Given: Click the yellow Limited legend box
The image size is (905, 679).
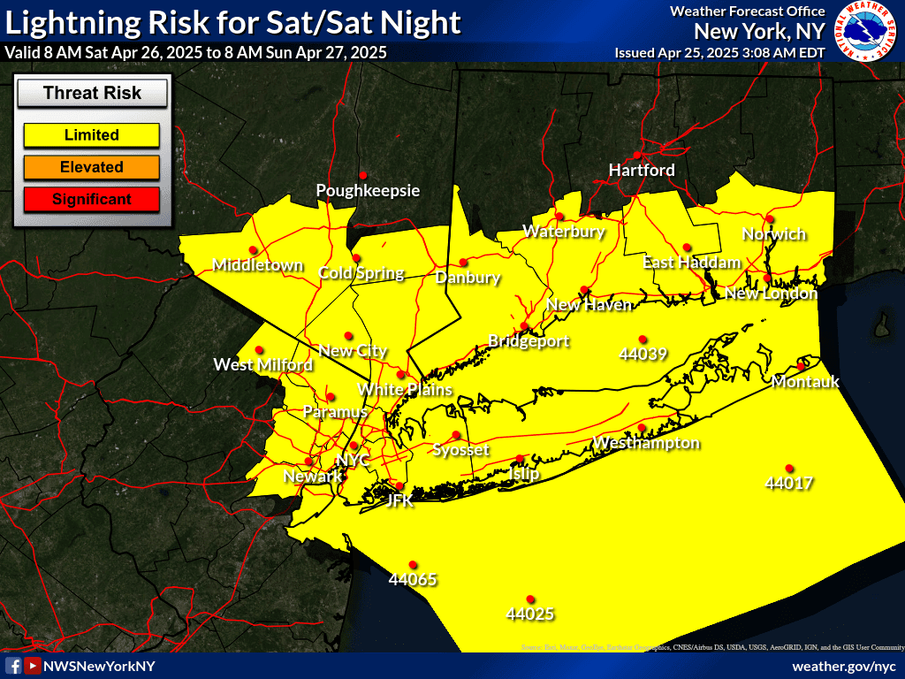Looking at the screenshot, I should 91,135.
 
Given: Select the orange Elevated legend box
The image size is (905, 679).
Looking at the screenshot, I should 91,167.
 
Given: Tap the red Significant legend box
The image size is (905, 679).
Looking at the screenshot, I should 91,199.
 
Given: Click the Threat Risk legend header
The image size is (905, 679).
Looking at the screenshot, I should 92,93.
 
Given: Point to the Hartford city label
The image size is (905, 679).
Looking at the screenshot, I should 642,170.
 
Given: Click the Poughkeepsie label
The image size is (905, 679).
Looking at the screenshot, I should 368,190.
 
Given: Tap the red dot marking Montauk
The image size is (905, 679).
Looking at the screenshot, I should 801,367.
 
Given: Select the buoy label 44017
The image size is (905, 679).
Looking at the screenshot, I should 789,484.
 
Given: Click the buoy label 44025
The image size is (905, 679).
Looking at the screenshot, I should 530,613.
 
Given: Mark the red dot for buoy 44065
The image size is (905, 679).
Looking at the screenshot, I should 413,565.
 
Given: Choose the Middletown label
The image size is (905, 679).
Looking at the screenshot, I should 257,265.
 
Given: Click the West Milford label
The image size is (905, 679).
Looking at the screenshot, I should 262,364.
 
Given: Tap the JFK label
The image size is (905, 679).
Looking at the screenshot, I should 400,500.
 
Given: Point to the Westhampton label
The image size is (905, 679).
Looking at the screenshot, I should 646,442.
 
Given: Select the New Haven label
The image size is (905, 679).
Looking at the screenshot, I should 589,305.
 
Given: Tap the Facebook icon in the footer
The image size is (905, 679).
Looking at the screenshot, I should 13,666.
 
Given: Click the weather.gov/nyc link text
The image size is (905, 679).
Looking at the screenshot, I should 843,666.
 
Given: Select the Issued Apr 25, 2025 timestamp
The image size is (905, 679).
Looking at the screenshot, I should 719,53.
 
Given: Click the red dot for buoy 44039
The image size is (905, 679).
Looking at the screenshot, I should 643,339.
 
